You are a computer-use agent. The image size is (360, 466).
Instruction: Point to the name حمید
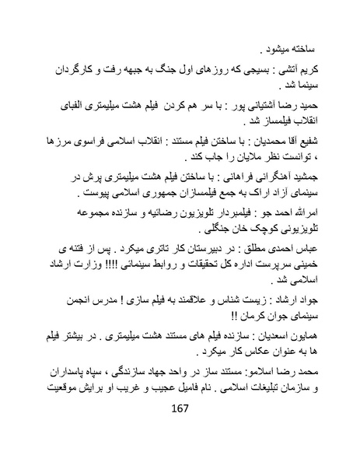(x=318, y=101)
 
